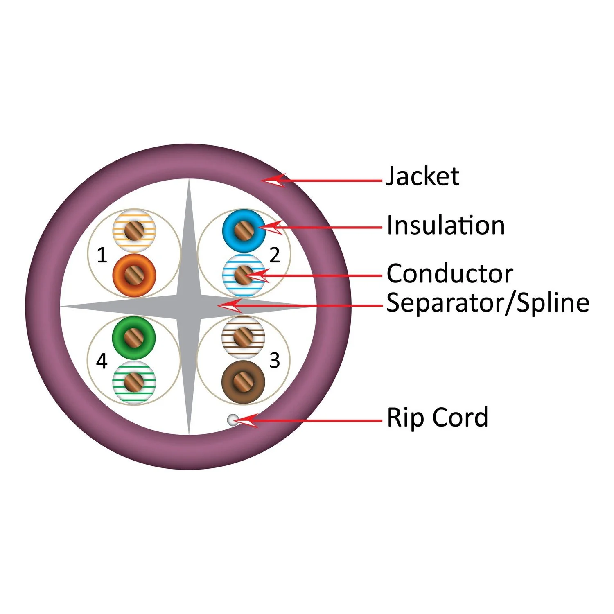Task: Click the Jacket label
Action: click(422, 176)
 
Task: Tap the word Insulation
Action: click(446, 226)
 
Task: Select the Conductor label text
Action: click(449, 273)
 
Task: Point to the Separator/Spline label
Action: click(488, 303)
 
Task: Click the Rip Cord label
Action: click(438, 417)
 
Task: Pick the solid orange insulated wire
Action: click(134, 275)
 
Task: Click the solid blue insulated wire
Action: click(244, 230)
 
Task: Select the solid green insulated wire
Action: click(134, 338)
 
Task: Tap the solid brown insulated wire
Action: click(243, 382)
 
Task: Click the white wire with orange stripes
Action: click(134, 230)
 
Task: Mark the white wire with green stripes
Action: click(134, 382)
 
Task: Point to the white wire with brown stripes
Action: click(243, 337)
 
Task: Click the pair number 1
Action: click(102, 256)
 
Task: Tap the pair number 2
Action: click(274, 255)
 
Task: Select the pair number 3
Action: click(274, 361)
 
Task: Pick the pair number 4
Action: click(102, 361)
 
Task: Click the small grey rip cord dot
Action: click(233, 420)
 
